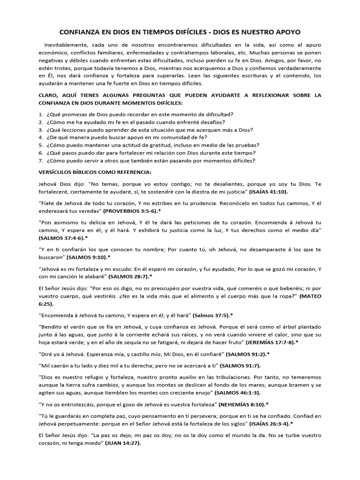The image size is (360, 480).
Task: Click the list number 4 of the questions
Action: [41, 137]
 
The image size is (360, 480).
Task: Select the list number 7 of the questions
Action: [41, 160]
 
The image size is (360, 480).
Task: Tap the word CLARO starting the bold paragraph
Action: [49, 95]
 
